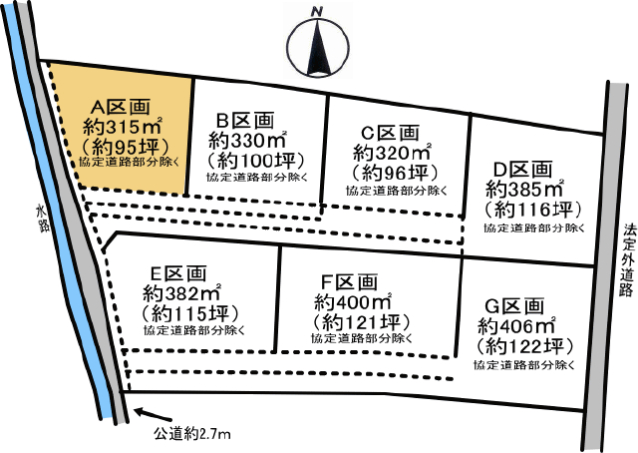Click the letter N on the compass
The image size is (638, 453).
318,11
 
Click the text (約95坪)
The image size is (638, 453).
120,147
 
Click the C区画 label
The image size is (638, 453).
390,133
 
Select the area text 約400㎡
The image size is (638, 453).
351,302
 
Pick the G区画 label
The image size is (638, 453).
515,306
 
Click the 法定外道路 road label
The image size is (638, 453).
627,260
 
